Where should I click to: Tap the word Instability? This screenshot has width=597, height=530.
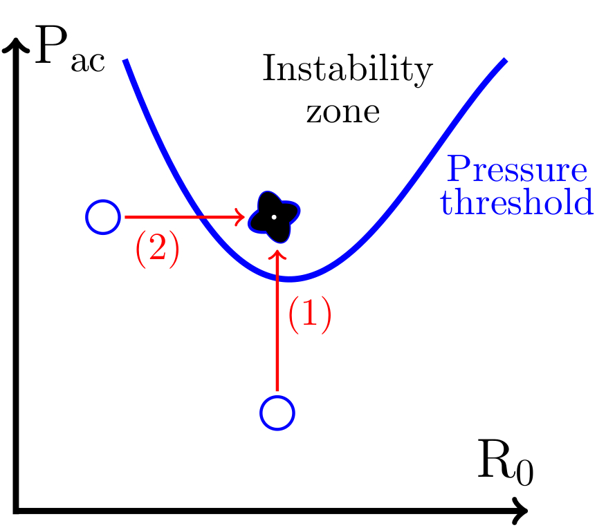[347, 70]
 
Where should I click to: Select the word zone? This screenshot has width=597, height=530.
[343, 112]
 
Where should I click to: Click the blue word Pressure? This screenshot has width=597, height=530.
[517, 170]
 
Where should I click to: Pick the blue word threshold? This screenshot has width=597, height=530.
[517, 203]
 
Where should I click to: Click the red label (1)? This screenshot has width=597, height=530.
[309, 315]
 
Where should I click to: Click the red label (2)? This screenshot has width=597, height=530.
[157, 249]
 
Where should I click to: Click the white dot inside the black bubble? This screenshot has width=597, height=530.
[275, 217]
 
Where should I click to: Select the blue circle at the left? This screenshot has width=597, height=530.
[103, 217]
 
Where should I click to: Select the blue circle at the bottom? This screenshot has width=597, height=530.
[277, 413]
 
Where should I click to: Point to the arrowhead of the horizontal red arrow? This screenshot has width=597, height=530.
[240, 218]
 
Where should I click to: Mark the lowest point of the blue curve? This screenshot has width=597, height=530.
[291, 279]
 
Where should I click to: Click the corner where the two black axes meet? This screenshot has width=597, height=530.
[15, 511]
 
